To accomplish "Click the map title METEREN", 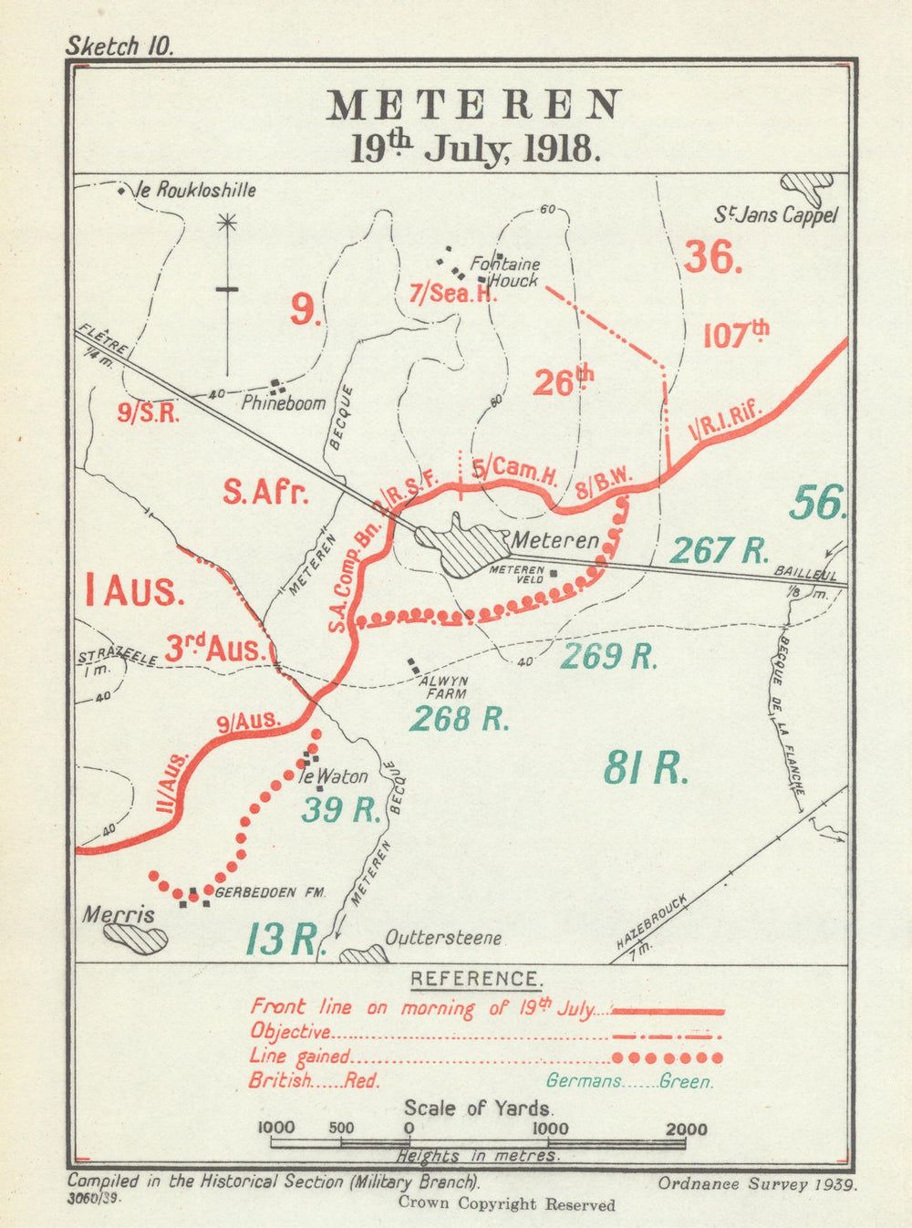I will point(474,106).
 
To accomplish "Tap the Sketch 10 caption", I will point(119,47).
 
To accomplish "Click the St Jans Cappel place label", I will point(775,216).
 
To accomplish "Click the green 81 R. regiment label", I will point(645,770).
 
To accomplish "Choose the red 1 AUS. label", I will point(135,591).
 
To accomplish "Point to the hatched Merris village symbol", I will point(135,938).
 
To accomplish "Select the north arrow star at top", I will point(227,222).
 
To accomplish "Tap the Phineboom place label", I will point(283,402).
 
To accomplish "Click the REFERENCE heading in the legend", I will point(474,980).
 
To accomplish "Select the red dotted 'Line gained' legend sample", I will point(668,1057).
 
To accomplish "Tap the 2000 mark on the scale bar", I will point(686,1129).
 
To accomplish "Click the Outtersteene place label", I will point(443,938).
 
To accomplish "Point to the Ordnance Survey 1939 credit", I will point(757,1184).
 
